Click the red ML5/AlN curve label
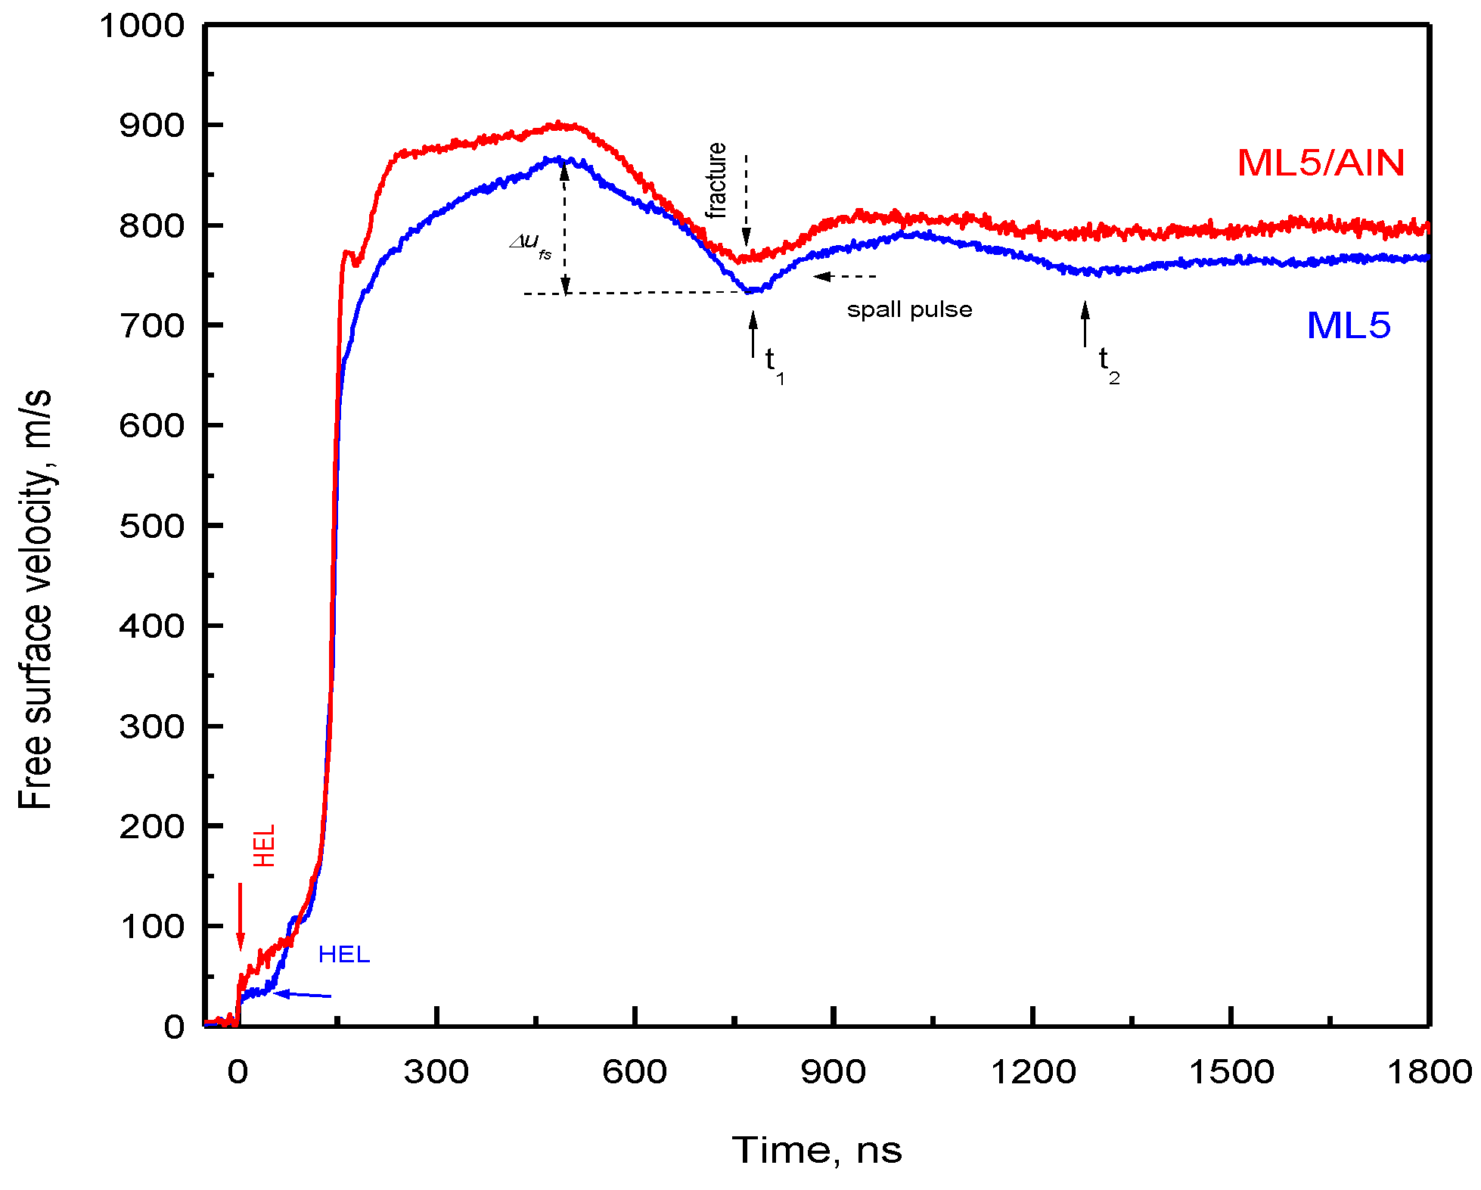coord(1321,163)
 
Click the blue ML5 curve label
coord(1348,326)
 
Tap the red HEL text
coord(264,845)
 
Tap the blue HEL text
coord(344,955)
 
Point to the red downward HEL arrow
coord(241,916)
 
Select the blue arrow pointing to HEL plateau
coord(302,995)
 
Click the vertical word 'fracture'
coord(716,180)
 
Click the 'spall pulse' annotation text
coord(909,310)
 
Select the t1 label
coord(774,364)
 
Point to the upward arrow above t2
coord(1085,324)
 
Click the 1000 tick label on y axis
coord(142,26)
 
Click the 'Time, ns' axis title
coord(817,1151)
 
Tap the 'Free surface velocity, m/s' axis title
coord(35,599)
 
